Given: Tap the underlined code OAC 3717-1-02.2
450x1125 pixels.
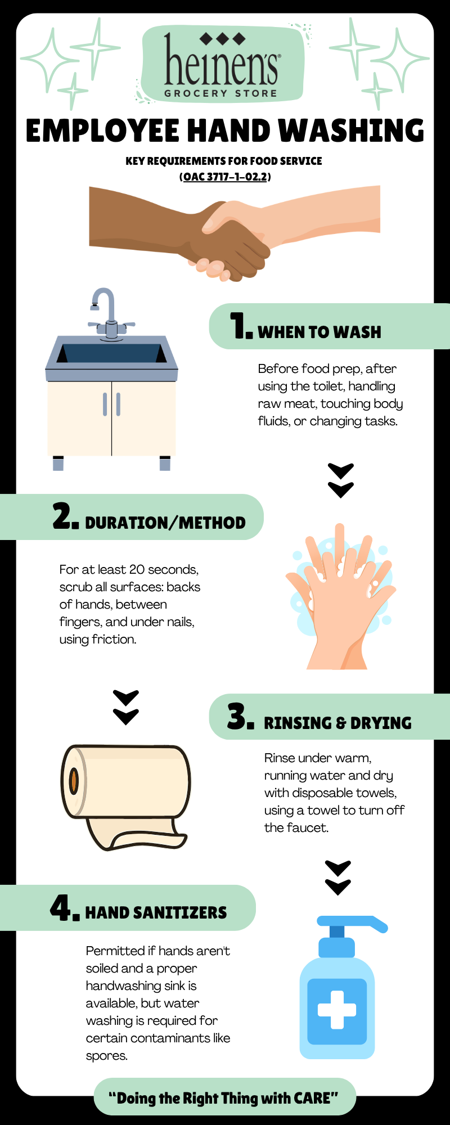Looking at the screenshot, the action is pyautogui.click(x=225, y=177).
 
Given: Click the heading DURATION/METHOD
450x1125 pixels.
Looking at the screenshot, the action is pyautogui.click(x=165, y=523).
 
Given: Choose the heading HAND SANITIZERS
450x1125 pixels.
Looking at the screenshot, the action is pyautogui.click(x=156, y=912).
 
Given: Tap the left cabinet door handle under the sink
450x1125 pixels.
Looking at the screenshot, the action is pyautogui.click(x=105, y=404).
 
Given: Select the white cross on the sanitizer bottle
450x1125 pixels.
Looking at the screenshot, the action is pyautogui.click(x=337, y=1010).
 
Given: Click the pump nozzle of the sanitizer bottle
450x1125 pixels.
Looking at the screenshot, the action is pyautogui.click(x=352, y=923).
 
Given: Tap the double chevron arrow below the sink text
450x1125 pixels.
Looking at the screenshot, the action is pyautogui.click(x=341, y=481).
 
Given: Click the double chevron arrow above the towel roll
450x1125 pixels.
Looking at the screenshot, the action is pyautogui.click(x=126, y=708).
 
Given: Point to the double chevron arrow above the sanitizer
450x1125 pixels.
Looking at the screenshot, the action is pyautogui.click(x=338, y=877).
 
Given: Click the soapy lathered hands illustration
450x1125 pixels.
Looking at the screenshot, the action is pyautogui.click(x=340, y=596).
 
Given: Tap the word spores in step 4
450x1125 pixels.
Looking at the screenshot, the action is pyautogui.click(x=99, y=1056).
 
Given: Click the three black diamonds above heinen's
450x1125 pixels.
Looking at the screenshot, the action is pyautogui.click(x=223, y=39).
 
